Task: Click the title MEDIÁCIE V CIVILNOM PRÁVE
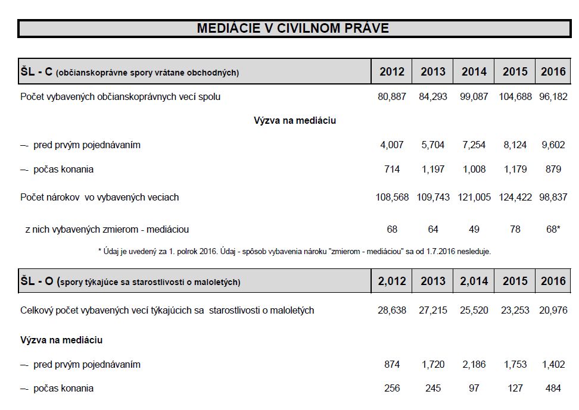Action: pos(292,28)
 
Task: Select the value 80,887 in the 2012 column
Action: pos(391,96)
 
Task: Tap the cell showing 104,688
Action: pos(515,96)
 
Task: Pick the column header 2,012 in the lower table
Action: pos(391,281)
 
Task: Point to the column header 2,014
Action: pos(474,281)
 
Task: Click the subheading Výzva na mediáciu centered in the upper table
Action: pos(295,121)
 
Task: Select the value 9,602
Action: pos(553,145)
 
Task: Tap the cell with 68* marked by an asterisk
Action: pos(553,229)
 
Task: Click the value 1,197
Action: pos(433,170)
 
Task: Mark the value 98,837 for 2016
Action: pos(553,197)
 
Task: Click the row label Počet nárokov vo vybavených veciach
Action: pos(99,197)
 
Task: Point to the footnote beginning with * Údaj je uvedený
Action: pos(294,252)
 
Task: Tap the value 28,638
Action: pos(391,311)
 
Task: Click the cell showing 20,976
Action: pos(553,311)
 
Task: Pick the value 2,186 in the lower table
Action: pos(474,364)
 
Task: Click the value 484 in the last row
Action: pos(553,389)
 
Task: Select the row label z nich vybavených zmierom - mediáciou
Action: pos(107,229)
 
